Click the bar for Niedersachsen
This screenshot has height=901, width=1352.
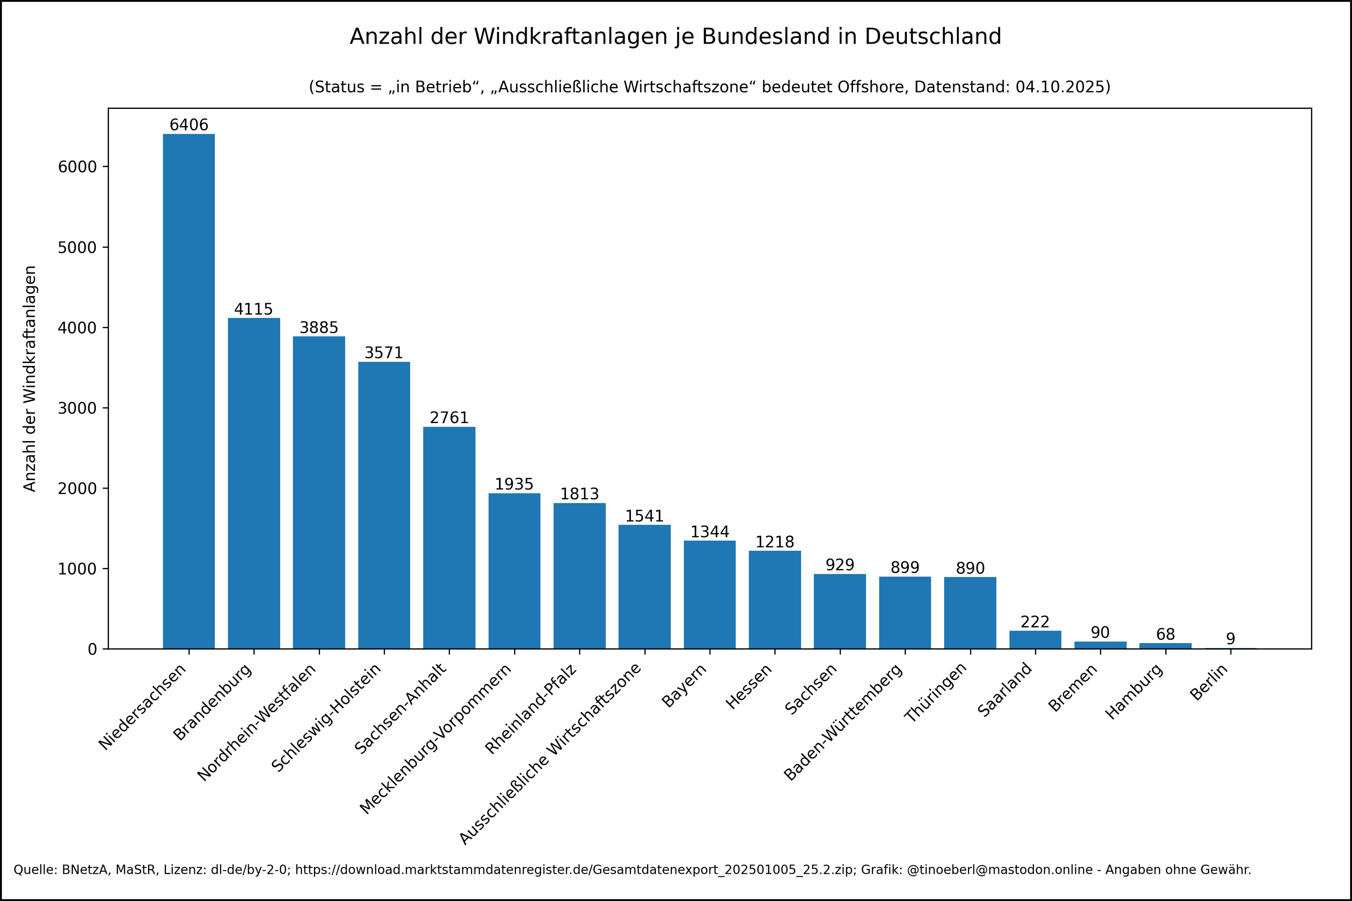tap(189, 391)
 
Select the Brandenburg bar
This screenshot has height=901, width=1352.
tap(254, 483)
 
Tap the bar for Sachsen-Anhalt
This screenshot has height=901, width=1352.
tap(449, 537)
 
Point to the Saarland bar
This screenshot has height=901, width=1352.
tap(1035, 640)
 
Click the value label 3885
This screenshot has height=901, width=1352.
tap(319, 328)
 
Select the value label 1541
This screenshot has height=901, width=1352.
tap(644, 516)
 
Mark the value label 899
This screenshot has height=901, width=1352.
tap(905, 568)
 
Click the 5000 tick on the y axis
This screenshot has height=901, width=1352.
tap(77, 248)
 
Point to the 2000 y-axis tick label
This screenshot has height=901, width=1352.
tap(77, 488)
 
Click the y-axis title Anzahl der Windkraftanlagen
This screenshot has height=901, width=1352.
tap(30, 378)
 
